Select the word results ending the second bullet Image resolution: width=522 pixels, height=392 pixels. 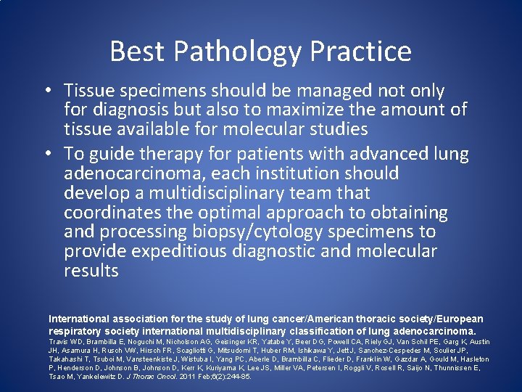coord(91,271)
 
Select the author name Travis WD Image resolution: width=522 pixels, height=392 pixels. coord(66,342)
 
